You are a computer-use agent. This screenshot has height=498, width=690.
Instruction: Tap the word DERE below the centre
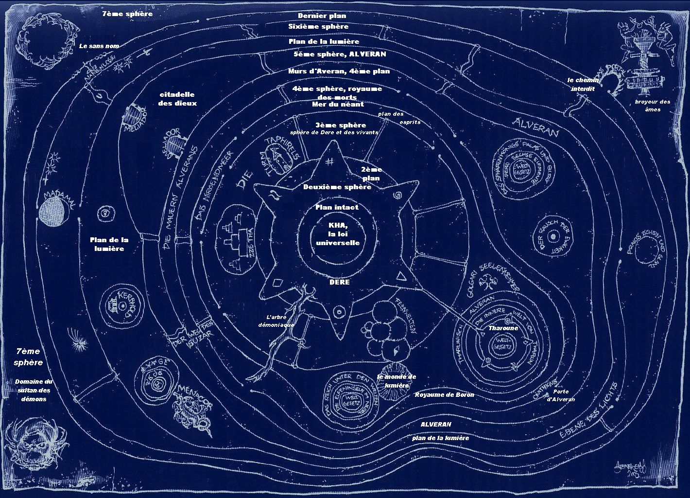click(339, 282)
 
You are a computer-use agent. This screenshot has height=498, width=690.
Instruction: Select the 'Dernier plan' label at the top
click(322, 16)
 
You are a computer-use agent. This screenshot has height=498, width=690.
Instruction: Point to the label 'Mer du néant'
click(337, 104)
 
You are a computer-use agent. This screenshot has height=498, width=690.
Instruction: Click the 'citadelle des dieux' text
click(177, 99)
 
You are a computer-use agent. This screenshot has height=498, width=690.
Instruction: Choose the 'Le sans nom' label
click(99, 46)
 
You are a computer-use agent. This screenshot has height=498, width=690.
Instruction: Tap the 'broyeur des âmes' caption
click(652, 106)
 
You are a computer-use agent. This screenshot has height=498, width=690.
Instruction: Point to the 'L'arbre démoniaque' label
click(276, 320)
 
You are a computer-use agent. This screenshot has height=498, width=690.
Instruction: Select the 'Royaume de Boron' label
click(444, 395)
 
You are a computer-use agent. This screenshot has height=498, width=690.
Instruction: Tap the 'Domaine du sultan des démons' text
click(34, 390)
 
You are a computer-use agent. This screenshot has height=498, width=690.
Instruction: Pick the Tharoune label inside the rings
click(503, 328)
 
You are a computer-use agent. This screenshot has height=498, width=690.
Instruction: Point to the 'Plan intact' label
click(337, 207)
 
